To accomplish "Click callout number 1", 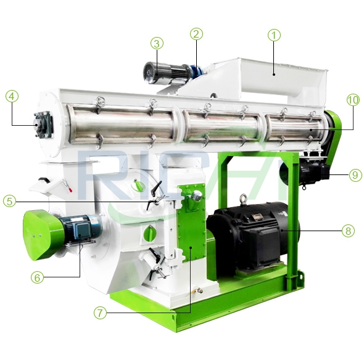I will click(x=274, y=36).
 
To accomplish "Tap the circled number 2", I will click(x=196, y=34).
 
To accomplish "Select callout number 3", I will click(x=157, y=43).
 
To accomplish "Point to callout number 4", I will click(x=12, y=96).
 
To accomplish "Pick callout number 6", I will click(x=37, y=277).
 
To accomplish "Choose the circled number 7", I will click(x=101, y=313).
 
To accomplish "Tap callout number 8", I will click(x=349, y=231).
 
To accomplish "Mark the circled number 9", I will click(x=355, y=175).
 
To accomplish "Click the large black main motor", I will click(x=253, y=234).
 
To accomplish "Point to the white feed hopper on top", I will click(x=265, y=77).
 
